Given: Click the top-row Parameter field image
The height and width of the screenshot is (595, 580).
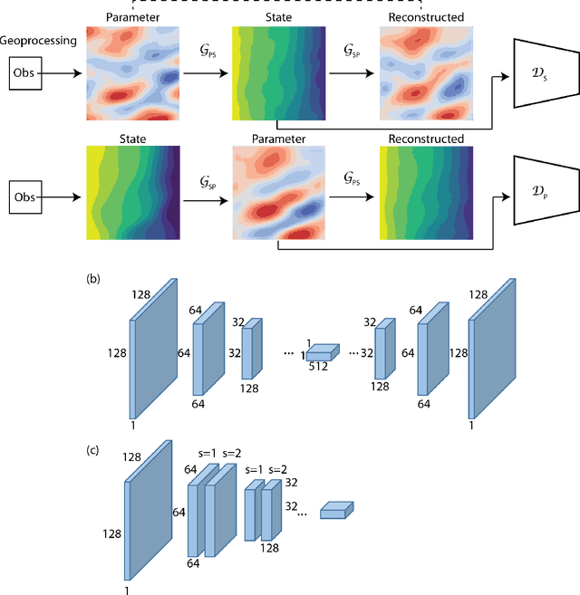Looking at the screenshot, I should [x=132, y=72].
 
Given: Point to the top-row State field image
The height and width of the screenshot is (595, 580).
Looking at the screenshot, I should [x=277, y=72].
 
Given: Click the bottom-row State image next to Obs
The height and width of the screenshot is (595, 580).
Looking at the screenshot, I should [x=132, y=194].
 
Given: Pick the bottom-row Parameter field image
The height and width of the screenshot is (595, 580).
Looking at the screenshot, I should [x=277, y=194].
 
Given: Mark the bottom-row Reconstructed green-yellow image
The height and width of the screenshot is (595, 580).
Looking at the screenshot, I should [x=424, y=194].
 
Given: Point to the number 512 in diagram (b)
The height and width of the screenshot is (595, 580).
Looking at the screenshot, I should [x=317, y=367].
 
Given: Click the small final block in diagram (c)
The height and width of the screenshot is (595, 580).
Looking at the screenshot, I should [x=336, y=511].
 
